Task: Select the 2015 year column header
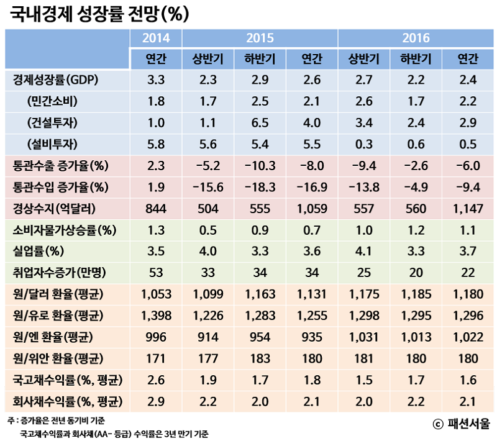tap(260, 38)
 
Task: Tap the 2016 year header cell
tap(416, 38)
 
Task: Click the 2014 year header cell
tap(156, 38)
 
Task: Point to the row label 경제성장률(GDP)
tap(56, 81)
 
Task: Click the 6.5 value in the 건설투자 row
tap(260, 123)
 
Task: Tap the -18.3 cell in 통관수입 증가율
tap(260, 187)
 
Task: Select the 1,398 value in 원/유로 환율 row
tap(156, 316)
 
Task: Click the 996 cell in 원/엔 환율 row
tap(156, 337)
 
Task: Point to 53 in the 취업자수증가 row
tap(156, 273)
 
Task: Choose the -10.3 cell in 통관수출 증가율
tap(260, 166)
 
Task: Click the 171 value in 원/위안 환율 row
tap(156, 358)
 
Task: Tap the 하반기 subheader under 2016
tap(416, 59)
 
